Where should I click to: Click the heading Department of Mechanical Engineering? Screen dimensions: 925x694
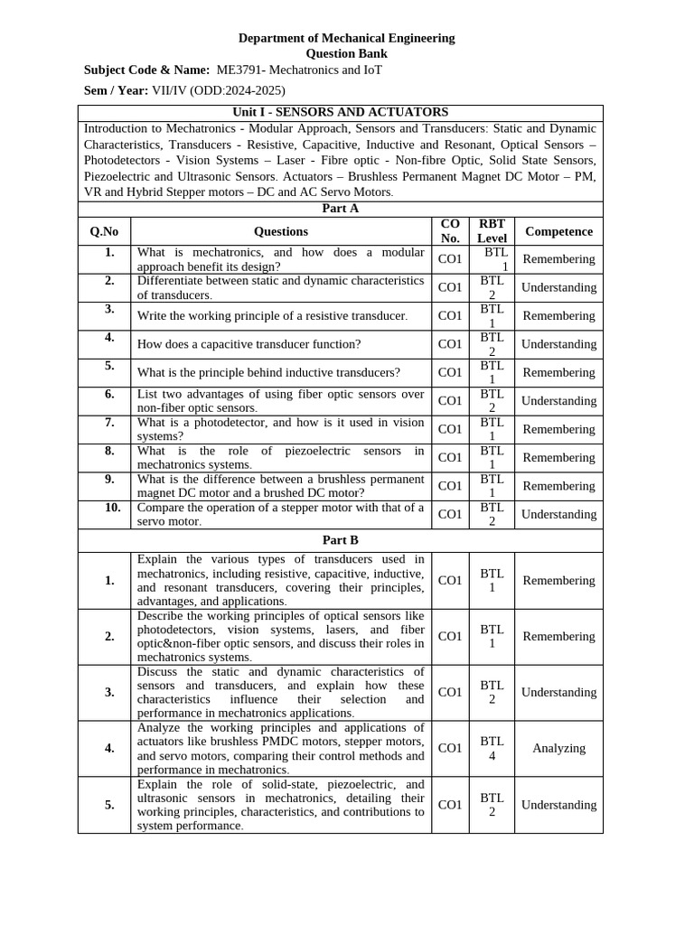346,38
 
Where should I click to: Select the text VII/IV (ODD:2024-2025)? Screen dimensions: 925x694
219,90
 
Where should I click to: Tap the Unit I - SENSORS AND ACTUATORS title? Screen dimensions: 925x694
340,112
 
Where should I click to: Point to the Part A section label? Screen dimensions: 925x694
340,209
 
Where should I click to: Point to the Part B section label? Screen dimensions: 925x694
340,540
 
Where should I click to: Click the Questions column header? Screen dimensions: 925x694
281,231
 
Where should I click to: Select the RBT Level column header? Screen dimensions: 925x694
492,231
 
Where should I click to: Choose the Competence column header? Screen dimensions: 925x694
558,231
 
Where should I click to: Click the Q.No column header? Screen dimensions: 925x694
104,231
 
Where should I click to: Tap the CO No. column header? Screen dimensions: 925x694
450,231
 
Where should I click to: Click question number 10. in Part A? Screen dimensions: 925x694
112,508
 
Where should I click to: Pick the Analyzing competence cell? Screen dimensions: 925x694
558,748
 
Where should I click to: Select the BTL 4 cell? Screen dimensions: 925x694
492,748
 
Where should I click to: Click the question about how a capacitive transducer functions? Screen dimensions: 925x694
249,344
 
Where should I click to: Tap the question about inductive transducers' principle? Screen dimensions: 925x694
268,372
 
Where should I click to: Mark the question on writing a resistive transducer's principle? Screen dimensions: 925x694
272,316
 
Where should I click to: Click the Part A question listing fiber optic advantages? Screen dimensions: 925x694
280,401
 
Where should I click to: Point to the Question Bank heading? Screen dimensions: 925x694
346,53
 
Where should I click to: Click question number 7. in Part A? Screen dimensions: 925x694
109,422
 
